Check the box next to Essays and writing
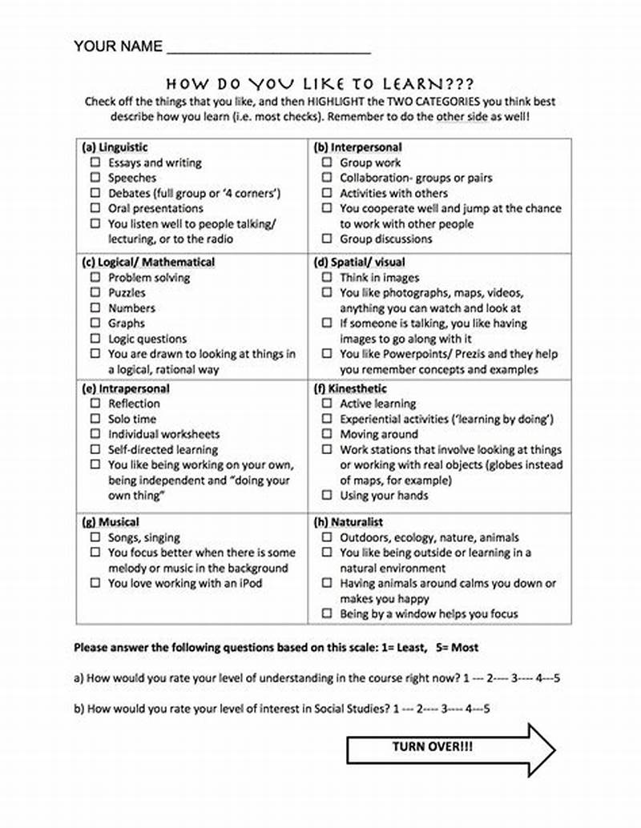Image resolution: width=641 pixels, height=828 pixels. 95,163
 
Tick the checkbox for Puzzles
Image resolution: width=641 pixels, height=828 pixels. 95,293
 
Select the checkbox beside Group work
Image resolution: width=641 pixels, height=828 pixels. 326,163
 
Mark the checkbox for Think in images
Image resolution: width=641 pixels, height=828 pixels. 326,278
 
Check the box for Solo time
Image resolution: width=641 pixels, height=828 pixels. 95,420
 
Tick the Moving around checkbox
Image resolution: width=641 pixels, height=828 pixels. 326,435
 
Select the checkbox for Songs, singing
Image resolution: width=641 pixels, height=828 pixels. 95,538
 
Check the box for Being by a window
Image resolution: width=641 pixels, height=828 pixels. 326,614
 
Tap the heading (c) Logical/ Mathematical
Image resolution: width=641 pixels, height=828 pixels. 148,262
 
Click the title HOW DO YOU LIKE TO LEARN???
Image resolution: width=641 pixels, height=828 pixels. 320,84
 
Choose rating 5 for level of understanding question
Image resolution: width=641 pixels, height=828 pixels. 556,678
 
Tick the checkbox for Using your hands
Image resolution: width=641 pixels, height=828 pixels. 326,496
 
